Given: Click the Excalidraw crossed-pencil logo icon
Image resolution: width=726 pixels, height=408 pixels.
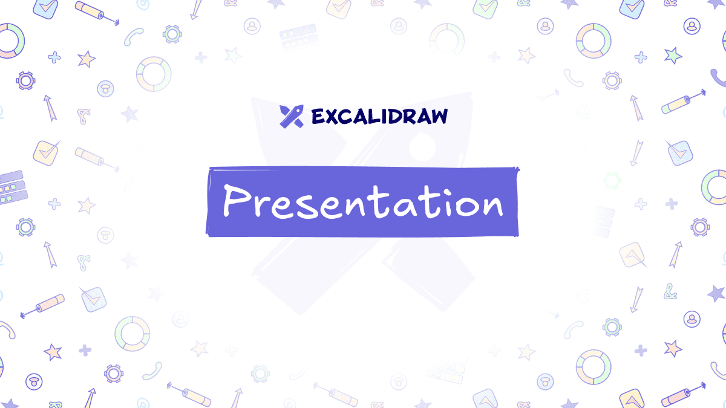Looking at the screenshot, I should (x=290, y=116).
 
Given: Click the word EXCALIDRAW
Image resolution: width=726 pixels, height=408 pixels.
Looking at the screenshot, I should (x=379, y=116).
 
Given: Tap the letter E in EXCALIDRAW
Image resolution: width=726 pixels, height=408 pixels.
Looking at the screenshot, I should (x=318, y=116).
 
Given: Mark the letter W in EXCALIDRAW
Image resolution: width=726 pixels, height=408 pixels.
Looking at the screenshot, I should (x=439, y=116).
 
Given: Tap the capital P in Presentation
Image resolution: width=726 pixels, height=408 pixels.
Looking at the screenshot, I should (x=235, y=200).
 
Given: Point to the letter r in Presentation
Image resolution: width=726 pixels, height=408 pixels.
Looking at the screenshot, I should (x=261, y=206).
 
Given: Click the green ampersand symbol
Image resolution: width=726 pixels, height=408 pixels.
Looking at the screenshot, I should (x=670, y=293).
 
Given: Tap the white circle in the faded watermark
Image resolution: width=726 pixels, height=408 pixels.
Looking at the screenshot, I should (x=422, y=145).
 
